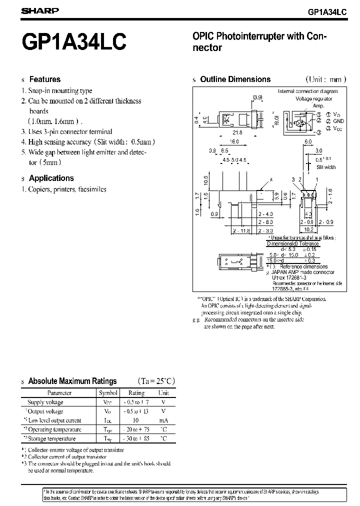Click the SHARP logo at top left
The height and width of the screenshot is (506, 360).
pyautogui.click(x=40, y=10)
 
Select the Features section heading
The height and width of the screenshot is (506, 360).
pyautogui.click(x=44, y=79)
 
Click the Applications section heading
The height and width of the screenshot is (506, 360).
pyautogui.click(x=51, y=178)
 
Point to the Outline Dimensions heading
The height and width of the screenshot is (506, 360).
pyautogui.click(x=235, y=79)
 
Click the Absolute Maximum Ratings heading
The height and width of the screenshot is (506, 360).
pyautogui.click(x=72, y=381)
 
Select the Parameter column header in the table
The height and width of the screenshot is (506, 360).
pyautogui.click(x=59, y=393)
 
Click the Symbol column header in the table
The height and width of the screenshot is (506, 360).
pyautogui.click(x=108, y=393)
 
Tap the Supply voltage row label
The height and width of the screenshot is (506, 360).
pyautogui.click(x=45, y=402)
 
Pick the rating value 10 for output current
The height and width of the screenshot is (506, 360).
pyautogui.click(x=136, y=420)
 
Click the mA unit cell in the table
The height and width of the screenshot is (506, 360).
pyautogui.click(x=163, y=420)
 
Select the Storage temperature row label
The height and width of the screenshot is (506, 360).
pyautogui.click(x=52, y=438)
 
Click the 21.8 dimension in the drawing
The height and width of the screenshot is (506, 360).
pyautogui.click(x=237, y=132)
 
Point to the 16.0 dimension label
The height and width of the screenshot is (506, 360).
pyautogui.click(x=235, y=142)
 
